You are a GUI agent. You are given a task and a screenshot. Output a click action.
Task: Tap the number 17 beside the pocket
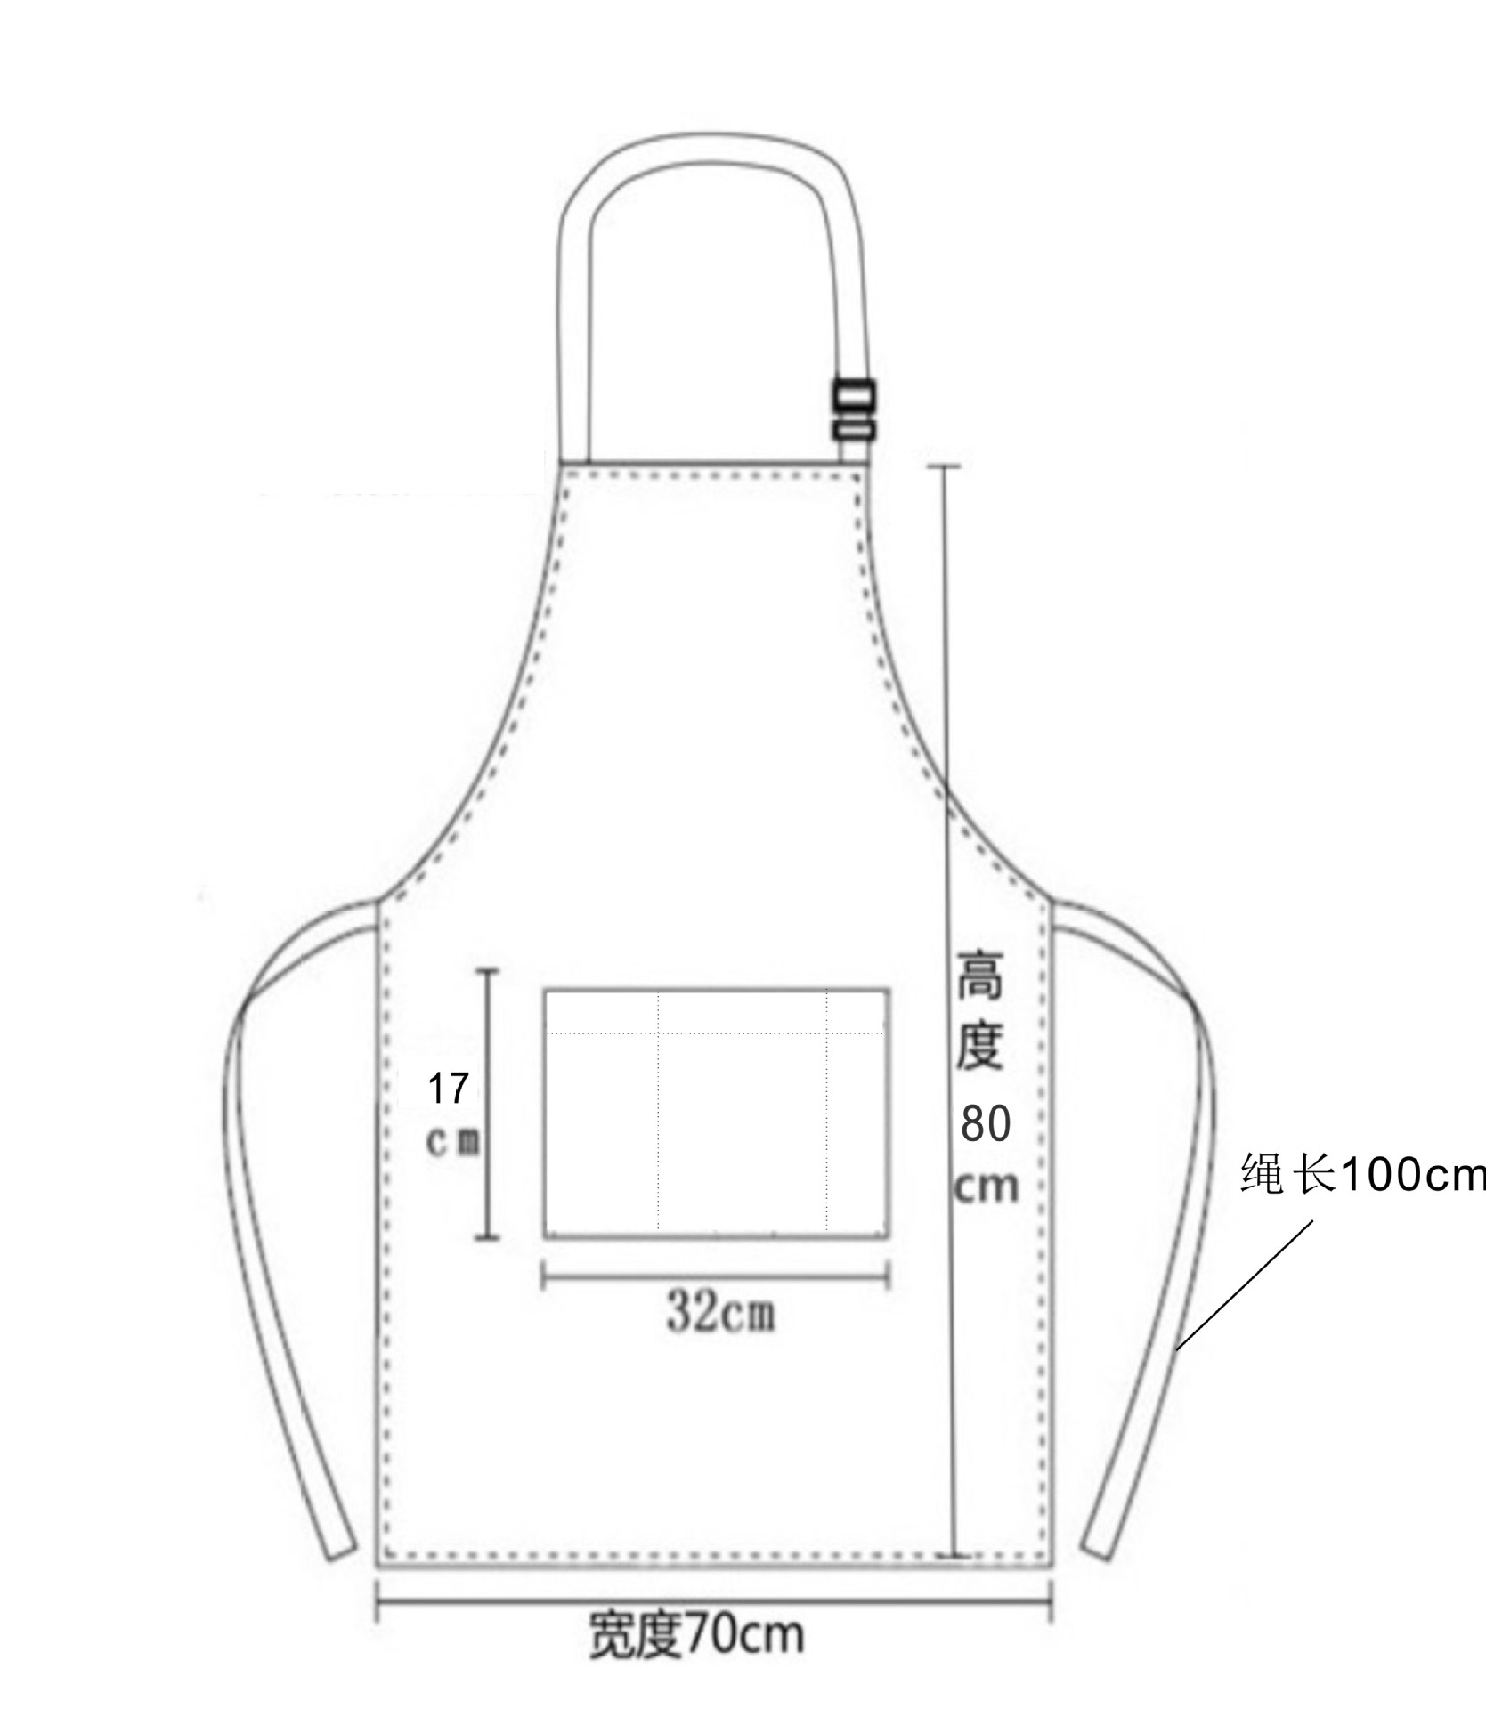click(x=448, y=1089)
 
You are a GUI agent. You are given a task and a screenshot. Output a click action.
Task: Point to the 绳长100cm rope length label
click(x=1362, y=1175)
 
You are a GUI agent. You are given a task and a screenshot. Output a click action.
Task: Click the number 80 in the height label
click(x=985, y=1124)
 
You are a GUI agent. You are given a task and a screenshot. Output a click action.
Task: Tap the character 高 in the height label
click(x=979, y=976)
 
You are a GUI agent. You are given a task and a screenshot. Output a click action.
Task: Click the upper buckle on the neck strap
click(x=854, y=394)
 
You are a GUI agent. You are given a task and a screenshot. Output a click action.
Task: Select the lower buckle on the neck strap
click(x=854, y=431)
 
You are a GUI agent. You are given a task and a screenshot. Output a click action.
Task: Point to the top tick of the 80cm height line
click(x=945, y=466)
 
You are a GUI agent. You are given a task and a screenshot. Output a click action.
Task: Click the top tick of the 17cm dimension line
click(x=486, y=970)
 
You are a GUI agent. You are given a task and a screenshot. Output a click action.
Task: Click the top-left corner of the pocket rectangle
click(x=546, y=989)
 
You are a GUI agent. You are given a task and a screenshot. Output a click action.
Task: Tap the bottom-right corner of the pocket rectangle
click(x=888, y=1236)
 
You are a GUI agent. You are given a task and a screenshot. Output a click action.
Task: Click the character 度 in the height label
click(x=979, y=1047)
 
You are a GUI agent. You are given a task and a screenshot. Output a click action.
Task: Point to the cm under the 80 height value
click(x=985, y=1186)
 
